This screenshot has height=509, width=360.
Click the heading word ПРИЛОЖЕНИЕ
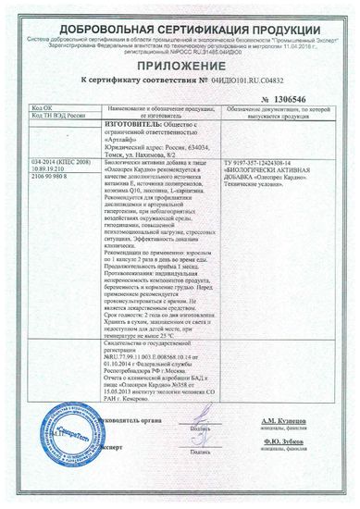180,63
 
